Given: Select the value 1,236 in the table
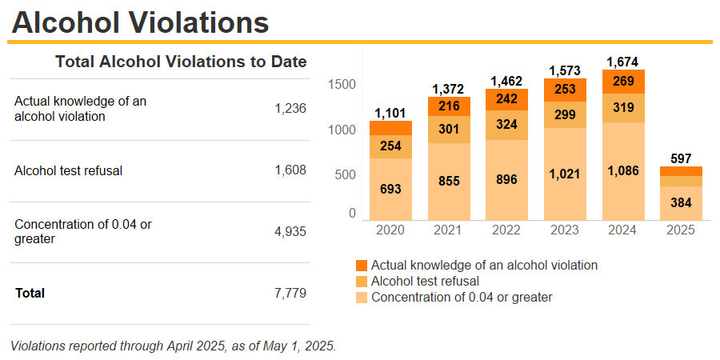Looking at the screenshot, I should (290, 109).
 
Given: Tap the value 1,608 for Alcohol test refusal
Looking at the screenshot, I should (290, 170).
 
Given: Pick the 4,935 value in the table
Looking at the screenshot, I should (290, 232).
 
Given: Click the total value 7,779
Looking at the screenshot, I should (290, 293).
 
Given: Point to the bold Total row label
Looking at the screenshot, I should (30, 293).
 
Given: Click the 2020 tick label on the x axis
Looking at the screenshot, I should (390, 230).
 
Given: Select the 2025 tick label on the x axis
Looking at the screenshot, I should (682, 230).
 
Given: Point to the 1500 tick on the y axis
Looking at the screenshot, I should (342, 85).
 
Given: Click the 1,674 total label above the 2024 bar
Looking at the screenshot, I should (623, 61).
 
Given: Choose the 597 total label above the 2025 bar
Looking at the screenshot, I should (682, 158).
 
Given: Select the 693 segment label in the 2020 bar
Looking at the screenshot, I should (390, 189).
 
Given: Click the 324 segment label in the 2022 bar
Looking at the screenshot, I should (506, 125).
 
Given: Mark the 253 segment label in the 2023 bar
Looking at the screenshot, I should (565, 90).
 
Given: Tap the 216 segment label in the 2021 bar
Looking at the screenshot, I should (449, 106).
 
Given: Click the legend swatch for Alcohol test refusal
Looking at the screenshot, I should (362, 282).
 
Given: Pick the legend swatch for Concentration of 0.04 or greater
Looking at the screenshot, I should (362, 298).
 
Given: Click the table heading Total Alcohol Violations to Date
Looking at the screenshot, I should (181, 62).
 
